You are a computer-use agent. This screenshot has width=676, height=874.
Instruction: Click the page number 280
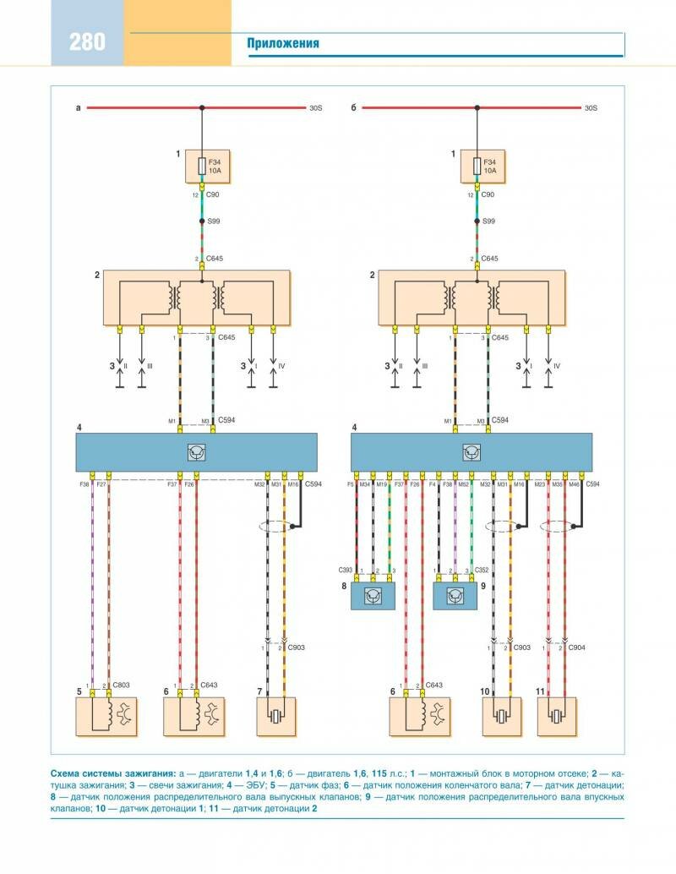[87, 41]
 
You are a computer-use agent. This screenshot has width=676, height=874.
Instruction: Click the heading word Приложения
[283, 44]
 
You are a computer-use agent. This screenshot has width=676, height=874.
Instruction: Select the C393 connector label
[344, 571]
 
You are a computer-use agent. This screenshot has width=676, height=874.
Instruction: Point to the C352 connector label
[483, 571]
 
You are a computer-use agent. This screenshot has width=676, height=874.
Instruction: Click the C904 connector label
[577, 647]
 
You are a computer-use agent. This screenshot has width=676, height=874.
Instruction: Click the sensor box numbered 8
[373, 596]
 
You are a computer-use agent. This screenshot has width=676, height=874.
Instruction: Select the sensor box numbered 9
[455, 596]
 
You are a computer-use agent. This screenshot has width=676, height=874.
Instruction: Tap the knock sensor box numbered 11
[556, 716]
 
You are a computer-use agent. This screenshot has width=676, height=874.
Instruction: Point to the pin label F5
[349, 484]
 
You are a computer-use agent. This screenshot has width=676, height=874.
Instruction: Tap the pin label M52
[463, 484]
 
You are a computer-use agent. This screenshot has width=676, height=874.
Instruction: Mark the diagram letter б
[354, 108]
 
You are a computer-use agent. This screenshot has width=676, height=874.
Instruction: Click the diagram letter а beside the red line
[78, 108]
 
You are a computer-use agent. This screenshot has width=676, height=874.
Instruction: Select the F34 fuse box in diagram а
[202, 167]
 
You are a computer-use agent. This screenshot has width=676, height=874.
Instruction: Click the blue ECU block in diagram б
[472, 452]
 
